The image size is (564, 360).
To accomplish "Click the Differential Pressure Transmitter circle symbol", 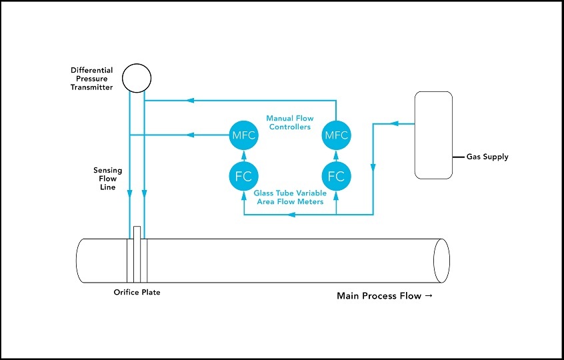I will (x=136, y=77).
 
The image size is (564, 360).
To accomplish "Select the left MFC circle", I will (x=243, y=135).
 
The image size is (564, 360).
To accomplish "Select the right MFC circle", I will (x=336, y=135).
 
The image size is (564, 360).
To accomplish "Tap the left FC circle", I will (x=243, y=177).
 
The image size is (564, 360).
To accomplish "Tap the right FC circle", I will (x=336, y=177).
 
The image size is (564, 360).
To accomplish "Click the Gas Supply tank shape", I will (x=434, y=135).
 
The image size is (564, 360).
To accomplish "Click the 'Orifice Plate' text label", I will (x=137, y=292).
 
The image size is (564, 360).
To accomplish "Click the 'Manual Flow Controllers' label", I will (x=289, y=123).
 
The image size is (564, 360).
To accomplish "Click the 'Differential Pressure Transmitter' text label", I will (x=92, y=79).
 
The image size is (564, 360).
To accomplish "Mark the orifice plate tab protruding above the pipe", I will (x=137, y=233).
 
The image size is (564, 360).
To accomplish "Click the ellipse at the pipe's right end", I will (x=441, y=260).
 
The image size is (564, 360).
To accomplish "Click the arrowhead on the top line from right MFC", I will (x=191, y=101).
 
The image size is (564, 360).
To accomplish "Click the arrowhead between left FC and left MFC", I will (x=243, y=157).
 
